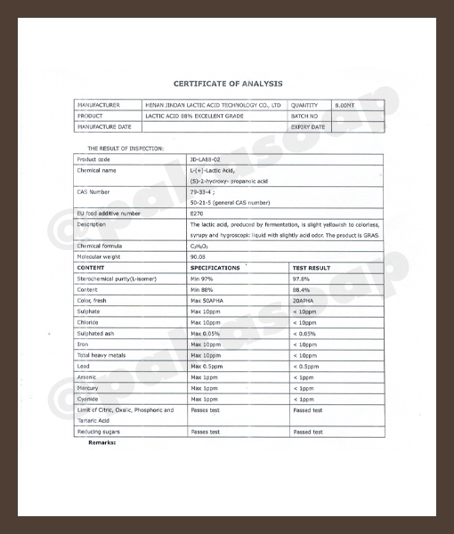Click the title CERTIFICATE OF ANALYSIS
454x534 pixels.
[228, 83]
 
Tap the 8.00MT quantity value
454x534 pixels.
[345, 105]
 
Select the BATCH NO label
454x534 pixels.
[304, 116]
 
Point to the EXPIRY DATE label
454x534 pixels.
[308, 127]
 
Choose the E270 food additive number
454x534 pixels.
[197, 214]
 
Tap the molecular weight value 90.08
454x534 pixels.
[198, 256]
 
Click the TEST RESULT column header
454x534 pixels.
[312, 267]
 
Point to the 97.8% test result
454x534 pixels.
[302, 279]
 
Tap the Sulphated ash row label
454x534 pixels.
[97, 333]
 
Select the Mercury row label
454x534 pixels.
[90, 388]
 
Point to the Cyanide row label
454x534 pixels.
[89, 399]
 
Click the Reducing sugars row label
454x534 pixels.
[100, 432]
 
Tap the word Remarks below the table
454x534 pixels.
[102, 442]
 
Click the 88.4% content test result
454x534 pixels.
[302, 289]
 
